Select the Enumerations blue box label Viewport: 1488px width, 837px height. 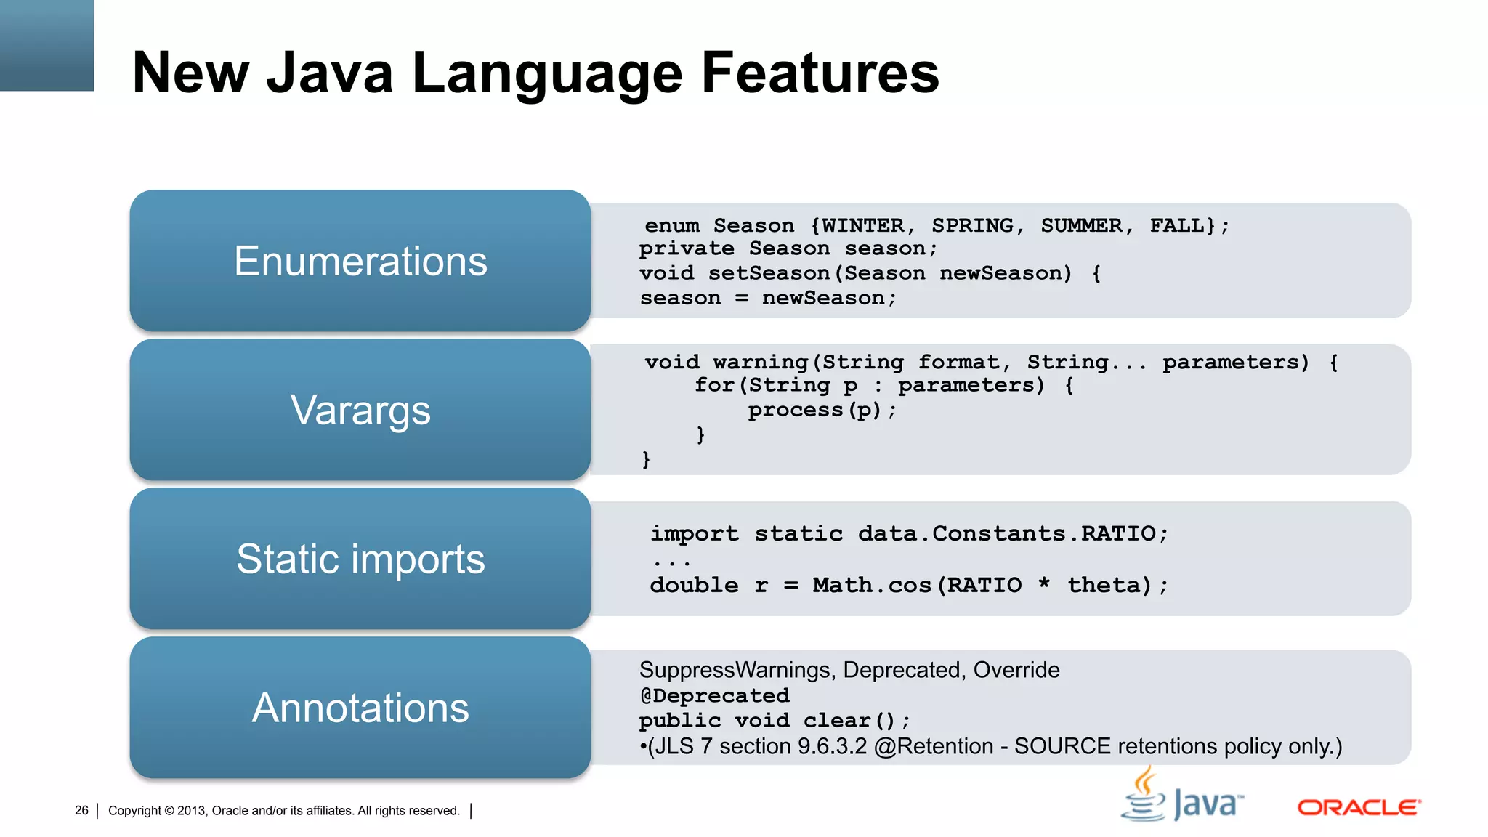[x=360, y=262]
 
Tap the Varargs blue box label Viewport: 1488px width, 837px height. [x=360, y=411]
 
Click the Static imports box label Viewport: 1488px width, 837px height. [x=360, y=559]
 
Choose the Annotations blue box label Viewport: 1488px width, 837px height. [x=360, y=708]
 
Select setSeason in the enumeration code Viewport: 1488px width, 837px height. [x=769, y=274]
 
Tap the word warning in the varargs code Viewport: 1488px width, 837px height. [x=761, y=362]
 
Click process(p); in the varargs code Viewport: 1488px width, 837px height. [x=822, y=411]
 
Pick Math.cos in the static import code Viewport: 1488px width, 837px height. [x=872, y=585]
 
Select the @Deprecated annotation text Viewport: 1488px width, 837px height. [x=714, y=696]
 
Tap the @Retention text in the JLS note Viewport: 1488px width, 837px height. [x=934, y=746]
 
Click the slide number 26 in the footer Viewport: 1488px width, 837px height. [x=81, y=810]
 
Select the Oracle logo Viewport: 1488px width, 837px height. [x=1359, y=807]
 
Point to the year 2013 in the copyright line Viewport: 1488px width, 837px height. [x=192, y=811]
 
